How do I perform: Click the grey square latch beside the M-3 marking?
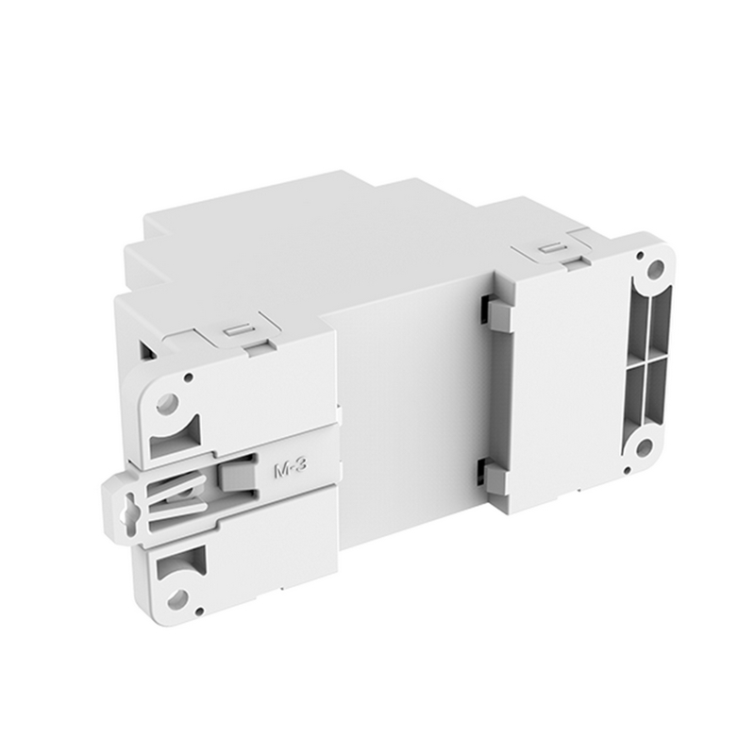[x=239, y=477]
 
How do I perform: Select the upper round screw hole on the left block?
[x=167, y=404]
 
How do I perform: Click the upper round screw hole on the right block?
[x=653, y=275]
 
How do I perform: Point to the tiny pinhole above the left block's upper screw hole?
[x=188, y=377]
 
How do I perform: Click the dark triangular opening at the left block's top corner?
[x=146, y=351]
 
